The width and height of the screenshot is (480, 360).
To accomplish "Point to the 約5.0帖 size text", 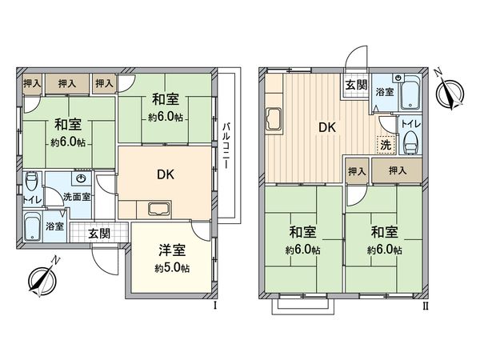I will pyautogui.click(x=170, y=268).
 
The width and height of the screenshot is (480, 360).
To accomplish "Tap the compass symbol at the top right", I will pyautogui.click(x=451, y=90).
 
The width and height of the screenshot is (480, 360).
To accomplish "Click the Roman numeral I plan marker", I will pyautogui.click(x=214, y=305).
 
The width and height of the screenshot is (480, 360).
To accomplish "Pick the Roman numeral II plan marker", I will pyautogui.click(x=426, y=305).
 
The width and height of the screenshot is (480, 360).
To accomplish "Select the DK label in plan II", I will pyautogui.click(x=328, y=126).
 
